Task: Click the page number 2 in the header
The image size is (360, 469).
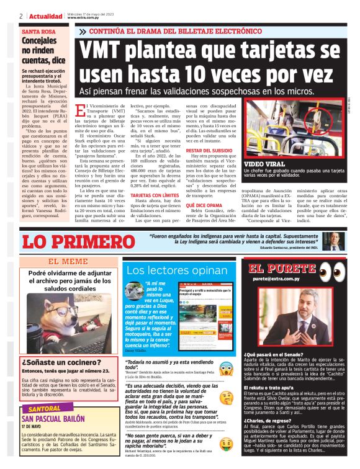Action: (x=21, y=16)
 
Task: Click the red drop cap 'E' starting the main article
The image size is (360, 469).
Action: (x=78, y=112)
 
